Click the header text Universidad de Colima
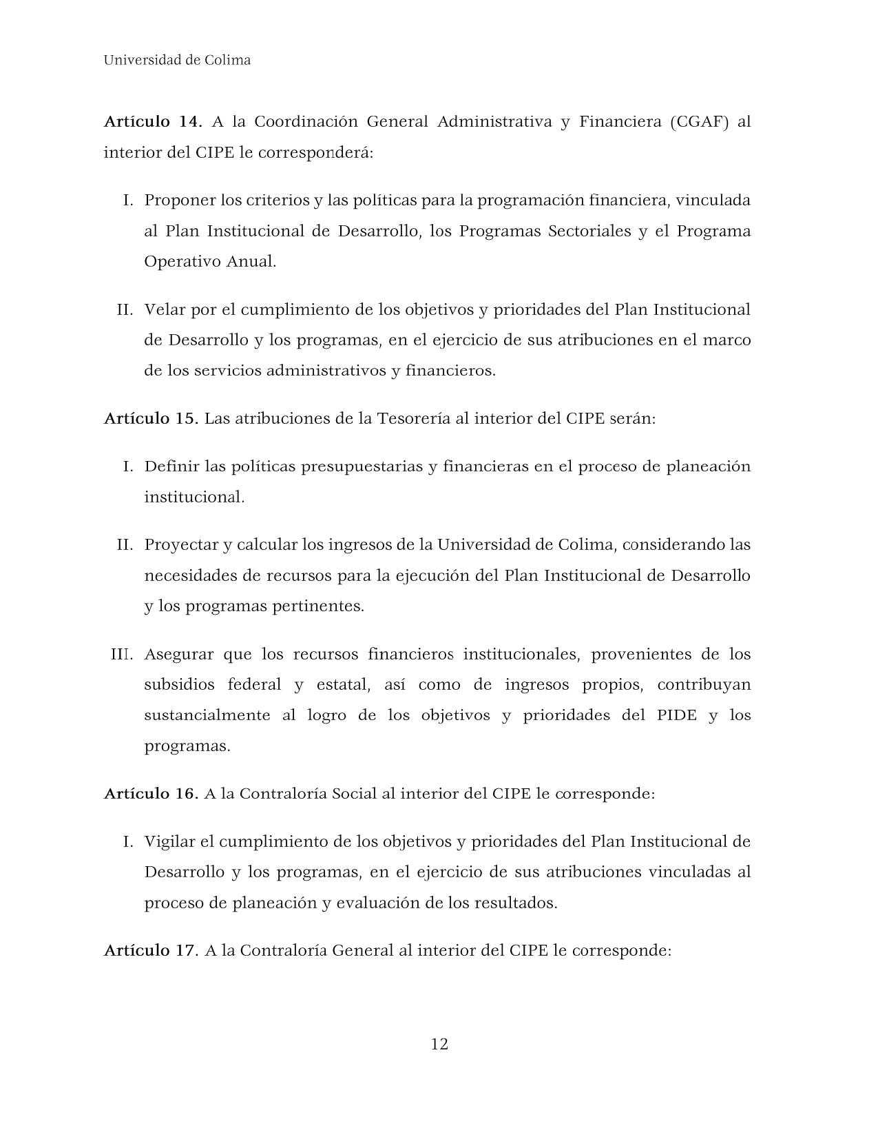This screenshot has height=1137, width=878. pyautogui.click(x=177, y=61)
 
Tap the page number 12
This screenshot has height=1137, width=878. pyautogui.click(x=439, y=1044)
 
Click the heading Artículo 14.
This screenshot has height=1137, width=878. pyautogui.click(x=152, y=122)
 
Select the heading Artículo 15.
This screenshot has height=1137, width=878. pyautogui.click(x=151, y=418)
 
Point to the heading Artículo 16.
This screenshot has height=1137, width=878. pyautogui.click(x=151, y=793)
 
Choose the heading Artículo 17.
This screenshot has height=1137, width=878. pyautogui.click(x=151, y=950)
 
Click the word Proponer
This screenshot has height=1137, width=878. pyautogui.click(x=180, y=201)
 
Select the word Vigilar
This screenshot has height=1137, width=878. pyautogui.click(x=169, y=841)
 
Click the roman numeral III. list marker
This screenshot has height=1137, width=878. pyautogui.click(x=122, y=654)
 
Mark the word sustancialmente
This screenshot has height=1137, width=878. pyautogui.click(x=207, y=715)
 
